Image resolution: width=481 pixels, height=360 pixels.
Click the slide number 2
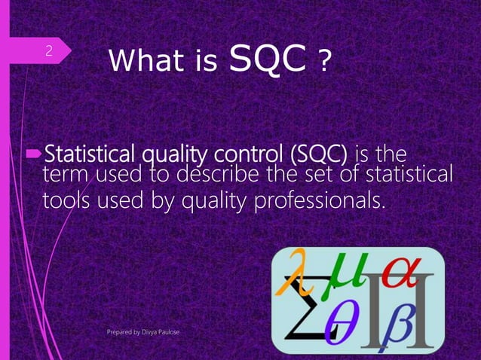click(48, 51)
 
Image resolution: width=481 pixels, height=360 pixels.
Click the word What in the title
click(142, 61)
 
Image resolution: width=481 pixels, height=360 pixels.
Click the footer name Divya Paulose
click(165, 331)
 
